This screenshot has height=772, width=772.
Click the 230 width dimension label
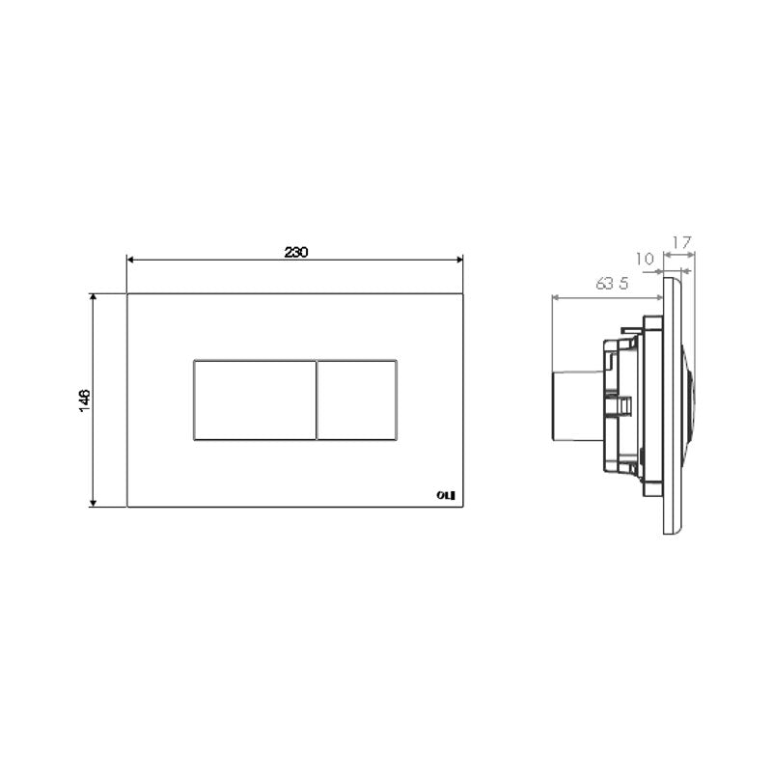tap(295, 252)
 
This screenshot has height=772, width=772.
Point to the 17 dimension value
tap(681, 244)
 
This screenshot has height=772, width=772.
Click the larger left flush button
tap(255, 400)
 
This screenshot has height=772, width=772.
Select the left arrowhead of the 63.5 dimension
tap(554, 296)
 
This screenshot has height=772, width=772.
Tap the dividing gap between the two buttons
tap(317, 400)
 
